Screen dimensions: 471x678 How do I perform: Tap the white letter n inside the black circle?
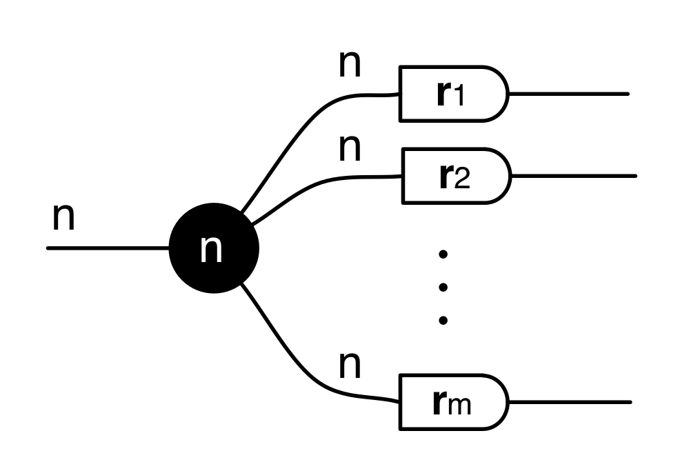[212, 249]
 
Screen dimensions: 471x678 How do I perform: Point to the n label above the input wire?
[63, 217]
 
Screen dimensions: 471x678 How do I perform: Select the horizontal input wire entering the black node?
[107, 248]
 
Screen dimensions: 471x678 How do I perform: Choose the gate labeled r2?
[455, 176]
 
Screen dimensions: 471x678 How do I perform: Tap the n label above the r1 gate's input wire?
[350, 64]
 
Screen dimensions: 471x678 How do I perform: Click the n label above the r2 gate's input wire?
[350, 148]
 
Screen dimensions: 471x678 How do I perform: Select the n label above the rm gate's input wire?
[350, 366]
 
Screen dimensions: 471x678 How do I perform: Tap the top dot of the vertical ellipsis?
[443, 254]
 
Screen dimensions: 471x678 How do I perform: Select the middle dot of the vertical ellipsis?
[443, 287]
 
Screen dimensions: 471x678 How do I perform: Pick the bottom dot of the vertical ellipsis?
[443, 319]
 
